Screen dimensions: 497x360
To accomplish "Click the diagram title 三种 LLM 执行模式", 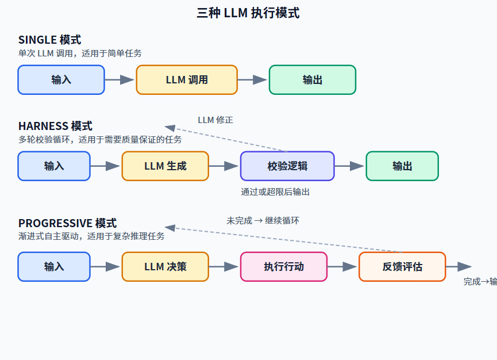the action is [x=248, y=13].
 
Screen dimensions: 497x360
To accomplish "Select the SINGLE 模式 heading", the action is [x=50, y=40].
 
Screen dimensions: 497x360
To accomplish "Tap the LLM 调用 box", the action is [x=187, y=80].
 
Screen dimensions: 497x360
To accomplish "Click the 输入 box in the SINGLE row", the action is [x=61, y=80].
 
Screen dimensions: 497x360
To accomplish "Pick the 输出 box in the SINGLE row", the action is [x=313, y=80].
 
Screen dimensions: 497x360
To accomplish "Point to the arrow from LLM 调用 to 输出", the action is [x=252, y=80].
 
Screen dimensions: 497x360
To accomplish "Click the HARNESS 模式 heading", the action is [x=56, y=127].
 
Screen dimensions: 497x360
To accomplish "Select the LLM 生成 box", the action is [x=165, y=166].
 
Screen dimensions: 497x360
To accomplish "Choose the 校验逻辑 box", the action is [x=287, y=166].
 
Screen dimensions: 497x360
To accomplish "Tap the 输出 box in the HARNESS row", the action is [x=402, y=166].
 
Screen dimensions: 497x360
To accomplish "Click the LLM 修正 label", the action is [x=215, y=120].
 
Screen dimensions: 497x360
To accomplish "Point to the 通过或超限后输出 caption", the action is [x=275, y=192].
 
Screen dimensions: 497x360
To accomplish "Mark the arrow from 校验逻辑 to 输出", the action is [x=349, y=166].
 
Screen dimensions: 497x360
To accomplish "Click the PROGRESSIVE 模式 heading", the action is [x=68, y=223].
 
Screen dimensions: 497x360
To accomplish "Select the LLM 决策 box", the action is [x=165, y=267].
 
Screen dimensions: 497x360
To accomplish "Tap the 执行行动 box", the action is [x=284, y=267].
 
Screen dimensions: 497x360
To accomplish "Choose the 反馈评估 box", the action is [x=402, y=267].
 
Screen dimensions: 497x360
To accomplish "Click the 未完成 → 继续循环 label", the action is [x=263, y=221].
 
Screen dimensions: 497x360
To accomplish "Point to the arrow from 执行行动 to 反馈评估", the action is [x=342, y=267].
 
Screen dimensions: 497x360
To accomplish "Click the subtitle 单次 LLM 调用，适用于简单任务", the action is [x=80, y=53].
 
